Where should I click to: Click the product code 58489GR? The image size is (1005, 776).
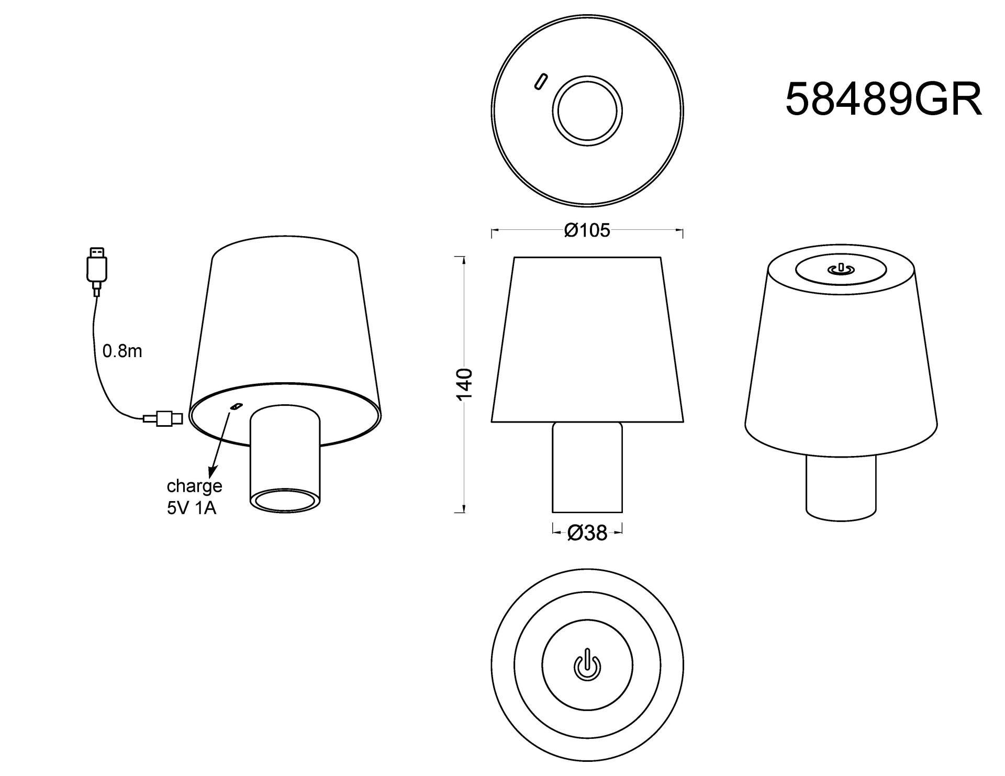point(883,99)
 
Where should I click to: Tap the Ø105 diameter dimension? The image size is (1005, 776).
point(587,230)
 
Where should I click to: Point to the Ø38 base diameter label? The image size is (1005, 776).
point(587,533)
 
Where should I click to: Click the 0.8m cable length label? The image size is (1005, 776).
point(122,351)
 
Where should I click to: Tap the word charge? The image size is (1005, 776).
point(194,486)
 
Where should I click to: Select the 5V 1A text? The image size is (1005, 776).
point(191,508)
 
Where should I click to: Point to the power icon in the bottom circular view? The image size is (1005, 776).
point(587,666)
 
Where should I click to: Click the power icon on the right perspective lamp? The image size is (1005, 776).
point(841,270)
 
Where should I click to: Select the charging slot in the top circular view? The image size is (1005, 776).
point(540,81)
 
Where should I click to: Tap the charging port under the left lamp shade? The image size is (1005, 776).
point(237,406)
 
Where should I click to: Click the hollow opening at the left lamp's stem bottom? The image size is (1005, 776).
point(285,500)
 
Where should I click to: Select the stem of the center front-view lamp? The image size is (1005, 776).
point(587,467)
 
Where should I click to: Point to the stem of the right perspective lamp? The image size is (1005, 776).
point(841,484)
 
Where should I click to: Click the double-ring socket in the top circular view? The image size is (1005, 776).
point(587,110)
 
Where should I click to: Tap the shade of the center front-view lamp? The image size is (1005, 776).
point(587,340)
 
